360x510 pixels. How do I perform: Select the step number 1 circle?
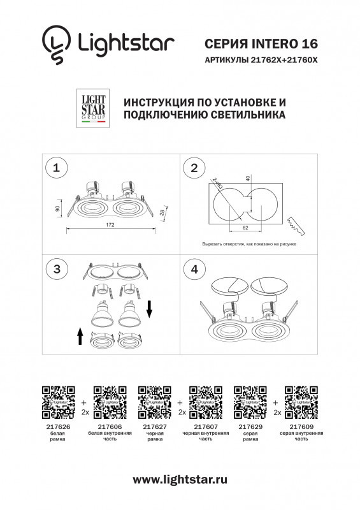click(x=57, y=168)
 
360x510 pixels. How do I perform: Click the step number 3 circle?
click(x=57, y=269)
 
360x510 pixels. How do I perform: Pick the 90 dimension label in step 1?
click(x=58, y=208)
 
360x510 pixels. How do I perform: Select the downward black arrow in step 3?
click(x=150, y=309)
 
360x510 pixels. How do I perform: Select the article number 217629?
click(x=247, y=426)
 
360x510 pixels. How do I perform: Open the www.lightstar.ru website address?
click(x=180, y=479)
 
